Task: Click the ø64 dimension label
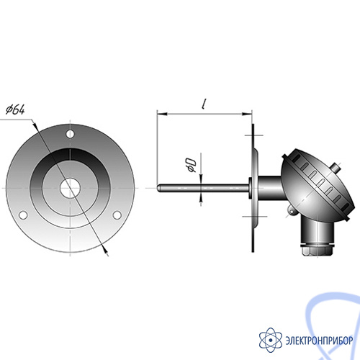15,109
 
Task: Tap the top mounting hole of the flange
70,134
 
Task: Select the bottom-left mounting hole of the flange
23,215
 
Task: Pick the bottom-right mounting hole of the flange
117,215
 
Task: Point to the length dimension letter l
204,104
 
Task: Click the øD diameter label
192,165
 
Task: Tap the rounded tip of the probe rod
158,188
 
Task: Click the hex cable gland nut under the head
317,251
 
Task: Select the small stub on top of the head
336,167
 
